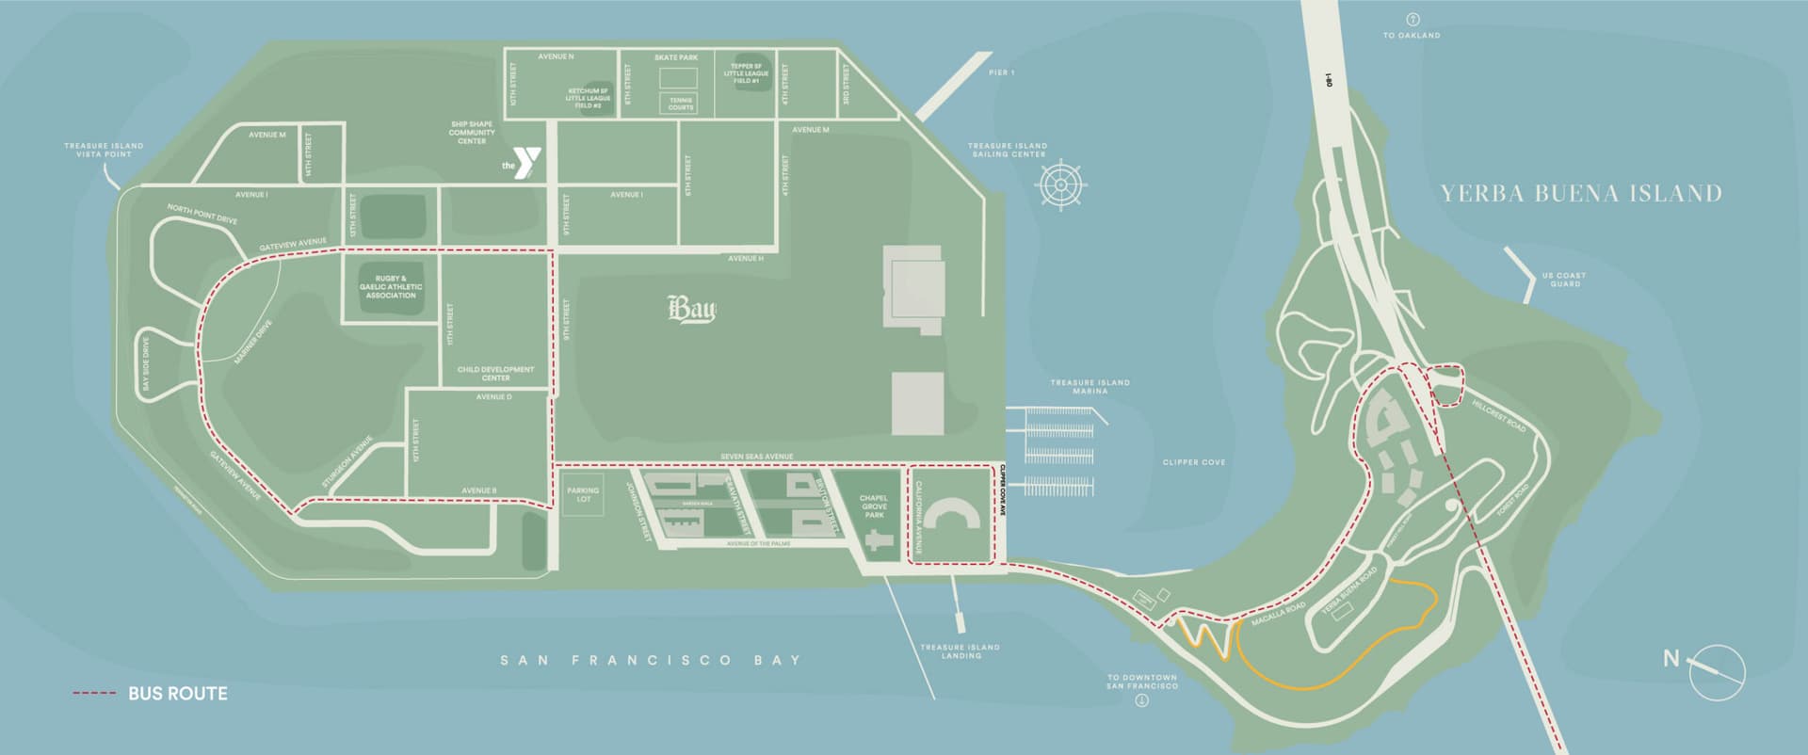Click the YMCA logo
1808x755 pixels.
click(524, 163)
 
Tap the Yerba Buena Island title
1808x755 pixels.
click(1581, 194)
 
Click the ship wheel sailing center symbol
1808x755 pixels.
click(1059, 185)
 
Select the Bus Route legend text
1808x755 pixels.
click(178, 694)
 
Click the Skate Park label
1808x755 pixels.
click(675, 57)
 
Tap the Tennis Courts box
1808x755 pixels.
click(681, 103)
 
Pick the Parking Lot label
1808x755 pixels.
click(583, 494)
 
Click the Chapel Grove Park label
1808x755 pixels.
click(873, 506)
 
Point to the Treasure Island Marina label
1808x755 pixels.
click(1090, 387)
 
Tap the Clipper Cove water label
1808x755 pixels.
click(1194, 462)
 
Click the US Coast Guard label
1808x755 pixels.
click(1564, 280)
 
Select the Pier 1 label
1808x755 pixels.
click(1002, 72)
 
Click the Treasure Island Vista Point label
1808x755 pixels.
click(104, 150)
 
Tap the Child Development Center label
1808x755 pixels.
click(495, 374)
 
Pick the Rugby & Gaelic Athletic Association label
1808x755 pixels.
click(391, 287)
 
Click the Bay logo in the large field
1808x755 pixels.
click(691, 310)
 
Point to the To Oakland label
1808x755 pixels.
click(1412, 35)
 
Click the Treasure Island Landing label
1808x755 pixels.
click(960, 651)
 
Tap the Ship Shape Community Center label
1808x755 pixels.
click(472, 133)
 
